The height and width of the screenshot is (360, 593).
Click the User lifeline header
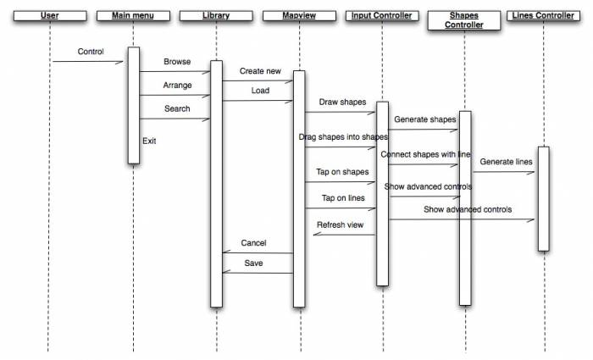(x=49, y=16)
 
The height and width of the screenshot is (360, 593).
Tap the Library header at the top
(x=216, y=16)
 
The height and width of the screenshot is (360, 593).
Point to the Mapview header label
(x=298, y=16)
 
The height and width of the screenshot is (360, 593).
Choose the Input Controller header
(x=381, y=16)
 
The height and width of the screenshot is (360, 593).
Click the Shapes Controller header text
(x=464, y=20)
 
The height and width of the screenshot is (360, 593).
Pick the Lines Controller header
(x=543, y=16)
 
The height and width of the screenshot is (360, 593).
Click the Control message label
(x=91, y=52)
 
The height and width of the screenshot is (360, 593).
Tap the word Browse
(x=177, y=62)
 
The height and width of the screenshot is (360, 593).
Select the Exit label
(x=149, y=141)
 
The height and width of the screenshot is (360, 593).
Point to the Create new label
(x=259, y=71)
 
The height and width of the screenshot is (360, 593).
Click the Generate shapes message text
(x=424, y=119)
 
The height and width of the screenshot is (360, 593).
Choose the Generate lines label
(x=506, y=161)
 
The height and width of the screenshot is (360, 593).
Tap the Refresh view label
(x=340, y=225)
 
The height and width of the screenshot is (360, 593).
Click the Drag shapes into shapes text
(x=343, y=136)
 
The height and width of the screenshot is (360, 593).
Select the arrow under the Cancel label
(x=258, y=252)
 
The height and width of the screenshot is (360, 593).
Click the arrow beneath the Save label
(x=258, y=272)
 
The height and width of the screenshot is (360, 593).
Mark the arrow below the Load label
(x=258, y=101)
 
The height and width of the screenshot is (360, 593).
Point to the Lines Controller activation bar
(x=543, y=199)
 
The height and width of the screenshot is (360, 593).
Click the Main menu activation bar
(x=133, y=105)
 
